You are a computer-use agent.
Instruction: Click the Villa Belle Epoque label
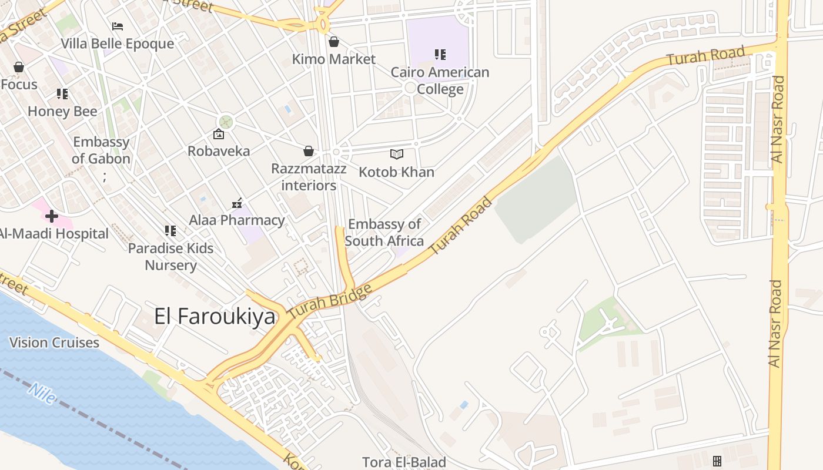pos(118,43)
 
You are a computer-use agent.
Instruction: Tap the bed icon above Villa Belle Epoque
pos(118,26)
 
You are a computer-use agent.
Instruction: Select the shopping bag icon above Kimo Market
pos(334,42)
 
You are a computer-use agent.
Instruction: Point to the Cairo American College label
pos(440,80)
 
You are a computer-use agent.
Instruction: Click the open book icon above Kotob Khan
pos(397,155)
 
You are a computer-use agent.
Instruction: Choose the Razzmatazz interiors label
pos(309,177)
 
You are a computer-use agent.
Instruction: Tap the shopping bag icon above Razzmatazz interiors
pos(309,152)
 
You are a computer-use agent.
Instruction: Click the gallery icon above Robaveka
pos(219,134)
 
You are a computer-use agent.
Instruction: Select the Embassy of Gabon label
pos(101,150)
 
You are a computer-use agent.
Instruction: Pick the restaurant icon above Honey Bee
pos(62,94)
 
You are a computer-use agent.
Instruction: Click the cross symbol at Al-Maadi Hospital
pos(52,216)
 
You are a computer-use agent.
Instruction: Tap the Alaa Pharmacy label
pos(237,220)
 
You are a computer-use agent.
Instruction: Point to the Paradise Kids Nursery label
pos(171,257)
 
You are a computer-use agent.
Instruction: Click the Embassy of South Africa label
pos(384,233)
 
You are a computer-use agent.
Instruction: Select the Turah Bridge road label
pos(330,302)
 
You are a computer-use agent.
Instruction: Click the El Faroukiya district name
pos(215,316)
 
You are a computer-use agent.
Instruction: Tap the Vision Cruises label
pos(54,343)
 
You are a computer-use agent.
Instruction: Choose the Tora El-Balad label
pos(404,462)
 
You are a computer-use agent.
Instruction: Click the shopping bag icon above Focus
pos(19,67)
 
